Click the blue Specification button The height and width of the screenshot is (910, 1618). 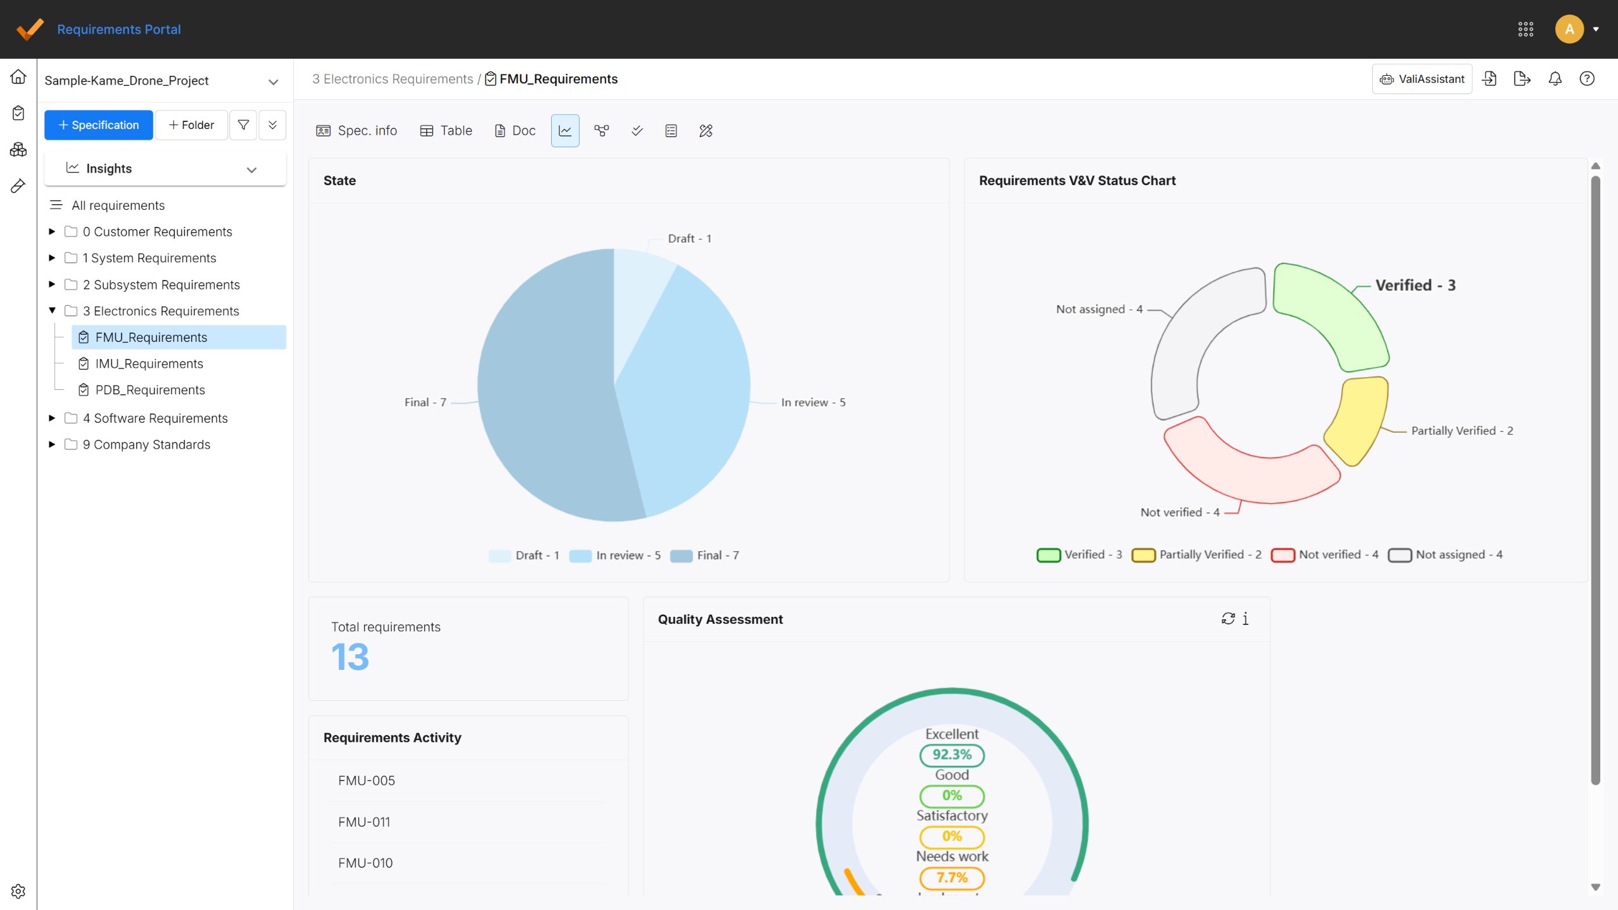click(x=99, y=125)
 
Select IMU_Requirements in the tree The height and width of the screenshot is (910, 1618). click(x=149, y=364)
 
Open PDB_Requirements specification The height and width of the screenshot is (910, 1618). click(x=150, y=390)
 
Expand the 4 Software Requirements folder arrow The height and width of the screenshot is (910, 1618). click(x=52, y=418)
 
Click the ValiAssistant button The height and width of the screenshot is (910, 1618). click(x=1422, y=79)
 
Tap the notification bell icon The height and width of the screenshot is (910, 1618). click(x=1555, y=79)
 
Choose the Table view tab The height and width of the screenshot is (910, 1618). click(x=446, y=131)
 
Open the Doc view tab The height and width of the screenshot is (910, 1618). click(x=515, y=131)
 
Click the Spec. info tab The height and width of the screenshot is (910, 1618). click(x=357, y=131)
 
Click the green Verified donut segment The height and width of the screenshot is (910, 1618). click(x=1327, y=316)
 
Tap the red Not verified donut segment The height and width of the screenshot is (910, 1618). click(x=1248, y=471)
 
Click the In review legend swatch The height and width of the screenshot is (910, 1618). click(x=580, y=555)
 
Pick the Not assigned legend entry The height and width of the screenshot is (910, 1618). click(x=1445, y=555)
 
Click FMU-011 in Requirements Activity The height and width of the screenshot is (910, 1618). click(x=364, y=822)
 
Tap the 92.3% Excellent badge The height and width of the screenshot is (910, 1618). click(x=952, y=755)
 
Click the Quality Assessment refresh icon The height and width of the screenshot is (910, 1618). click(x=1228, y=619)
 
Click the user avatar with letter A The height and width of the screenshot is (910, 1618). click(x=1569, y=29)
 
